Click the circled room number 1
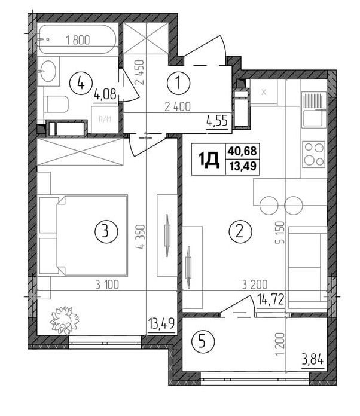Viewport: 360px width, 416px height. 178,83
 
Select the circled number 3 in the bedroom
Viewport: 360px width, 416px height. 106,231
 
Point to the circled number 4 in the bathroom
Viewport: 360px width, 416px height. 81,84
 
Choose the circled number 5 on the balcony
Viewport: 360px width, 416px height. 202,342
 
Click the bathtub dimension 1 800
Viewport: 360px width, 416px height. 78,40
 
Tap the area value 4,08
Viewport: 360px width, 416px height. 105,94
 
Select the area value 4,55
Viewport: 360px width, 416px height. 217,121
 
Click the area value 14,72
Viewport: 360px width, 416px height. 271,300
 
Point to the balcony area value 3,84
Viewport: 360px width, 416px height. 313,361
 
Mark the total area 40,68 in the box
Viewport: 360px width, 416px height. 242,151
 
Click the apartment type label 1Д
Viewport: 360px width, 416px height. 209,159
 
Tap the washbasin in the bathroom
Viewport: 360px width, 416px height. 48,71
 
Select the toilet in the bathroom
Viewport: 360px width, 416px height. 56,104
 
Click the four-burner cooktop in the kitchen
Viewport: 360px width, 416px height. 314,154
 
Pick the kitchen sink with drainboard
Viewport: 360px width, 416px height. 315,109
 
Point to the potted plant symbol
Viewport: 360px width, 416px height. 65,320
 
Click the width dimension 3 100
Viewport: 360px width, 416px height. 107,285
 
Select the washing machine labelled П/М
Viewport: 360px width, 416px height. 105,120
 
